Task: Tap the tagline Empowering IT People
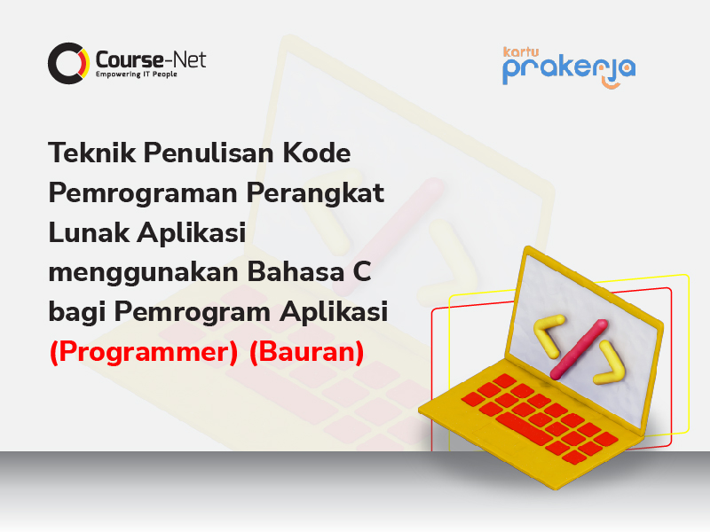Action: (x=137, y=74)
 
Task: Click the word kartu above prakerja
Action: (x=521, y=52)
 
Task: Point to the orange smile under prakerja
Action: (x=611, y=84)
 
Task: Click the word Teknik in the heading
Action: (x=92, y=153)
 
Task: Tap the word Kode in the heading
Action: (x=317, y=153)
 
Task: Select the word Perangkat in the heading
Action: (x=315, y=193)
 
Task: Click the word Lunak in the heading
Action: (x=90, y=232)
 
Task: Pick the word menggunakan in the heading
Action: (x=144, y=273)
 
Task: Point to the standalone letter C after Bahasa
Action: (x=362, y=272)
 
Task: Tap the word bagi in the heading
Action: (x=77, y=313)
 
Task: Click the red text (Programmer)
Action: (x=144, y=352)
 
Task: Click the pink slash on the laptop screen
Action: (x=580, y=349)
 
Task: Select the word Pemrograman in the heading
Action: (x=143, y=193)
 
